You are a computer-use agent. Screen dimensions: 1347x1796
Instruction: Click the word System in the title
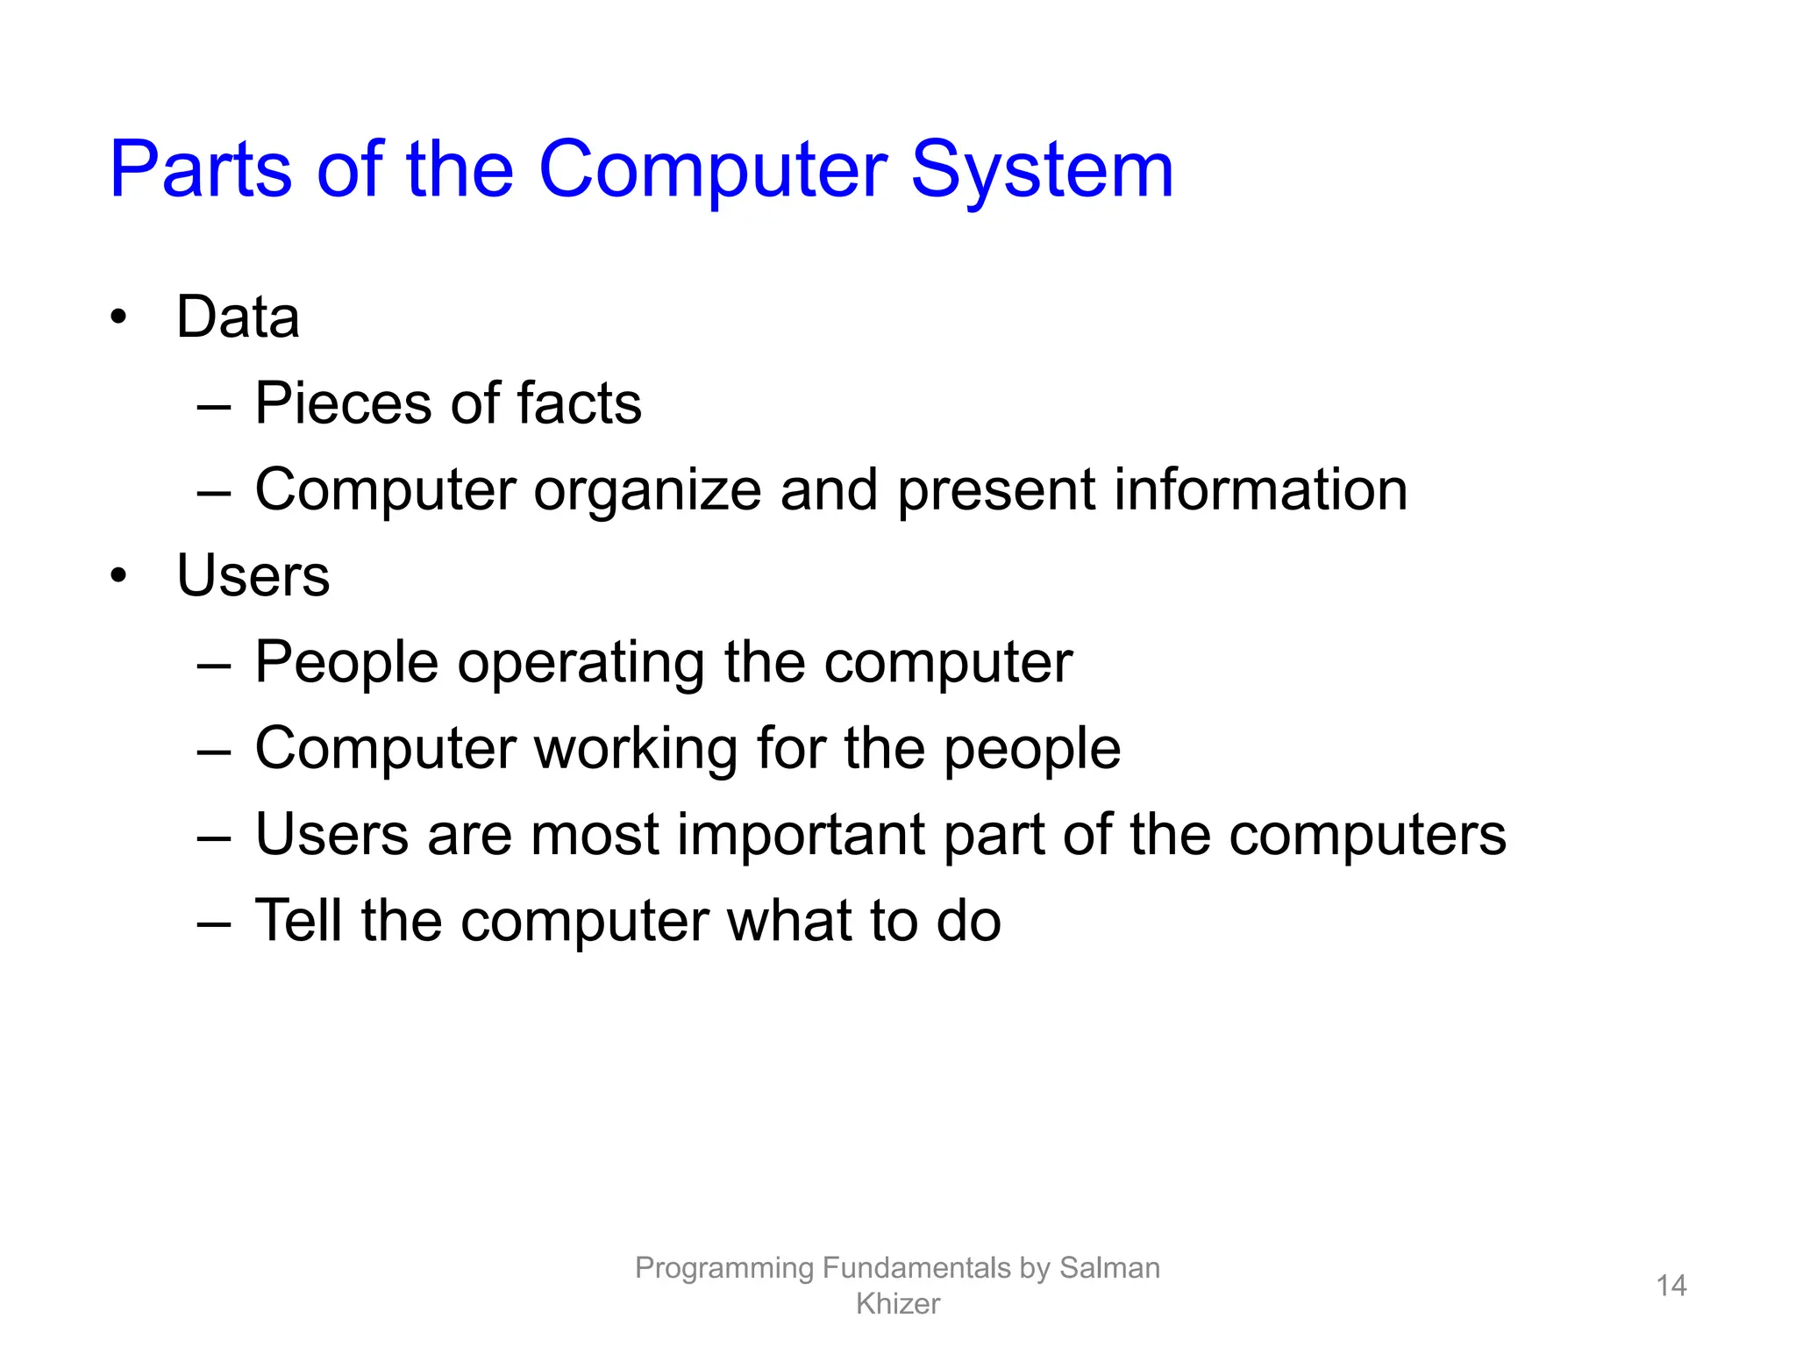click(1042, 171)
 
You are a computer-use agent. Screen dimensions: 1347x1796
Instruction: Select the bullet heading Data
click(238, 317)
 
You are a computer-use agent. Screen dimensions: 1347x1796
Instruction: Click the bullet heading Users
click(253, 576)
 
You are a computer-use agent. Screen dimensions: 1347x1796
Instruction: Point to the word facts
click(579, 403)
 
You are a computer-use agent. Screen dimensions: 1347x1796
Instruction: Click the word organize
click(647, 490)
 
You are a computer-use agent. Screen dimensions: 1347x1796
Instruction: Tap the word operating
click(581, 663)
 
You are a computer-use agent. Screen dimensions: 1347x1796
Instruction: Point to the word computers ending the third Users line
click(1367, 835)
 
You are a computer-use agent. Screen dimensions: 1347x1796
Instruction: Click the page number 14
click(1671, 1286)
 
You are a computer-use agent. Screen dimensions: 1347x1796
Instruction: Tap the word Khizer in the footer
click(897, 1304)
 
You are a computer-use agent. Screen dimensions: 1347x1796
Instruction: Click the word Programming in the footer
click(724, 1269)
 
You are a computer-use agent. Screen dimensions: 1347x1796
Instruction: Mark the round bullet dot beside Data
click(118, 317)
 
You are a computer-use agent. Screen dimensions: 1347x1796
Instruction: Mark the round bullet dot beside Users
click(118, 576)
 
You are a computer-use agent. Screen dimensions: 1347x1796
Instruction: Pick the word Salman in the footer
click(1109, 1268)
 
